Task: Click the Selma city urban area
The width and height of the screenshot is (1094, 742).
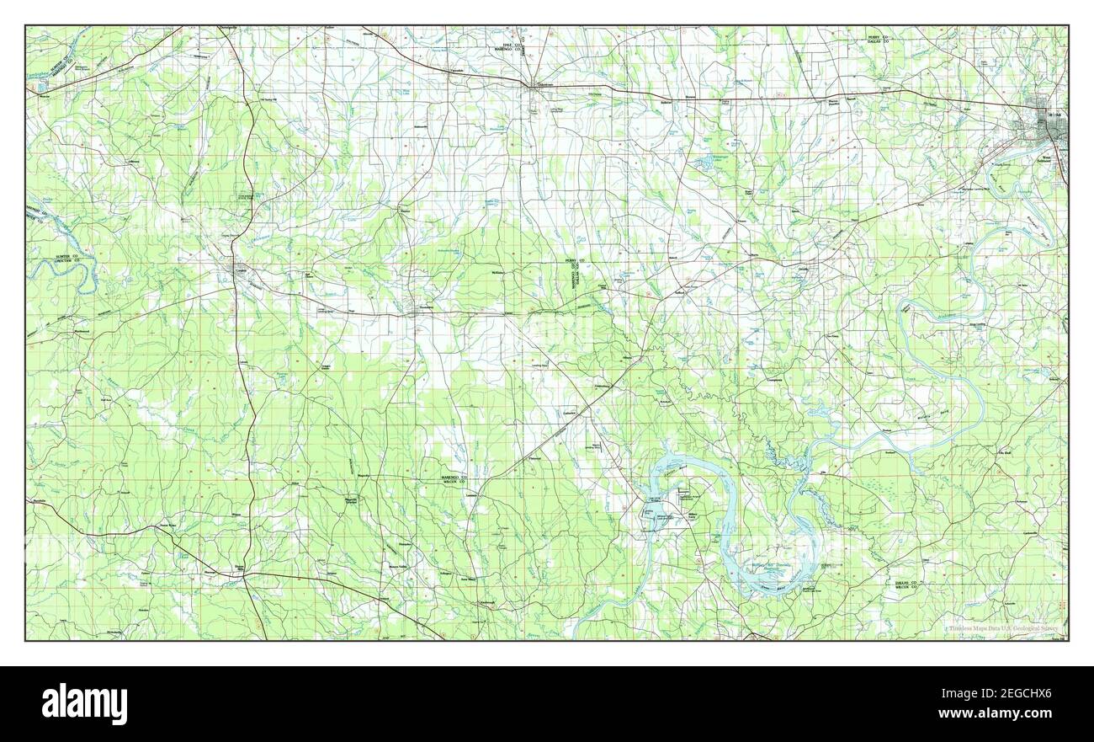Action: pyautogui.click(x=1046, y=127)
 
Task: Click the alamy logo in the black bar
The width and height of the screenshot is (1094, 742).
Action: pyautogui.click(x=84, y=704)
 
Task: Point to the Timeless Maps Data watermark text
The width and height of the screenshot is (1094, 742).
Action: pyautogui.click(x=1001, y=628)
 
